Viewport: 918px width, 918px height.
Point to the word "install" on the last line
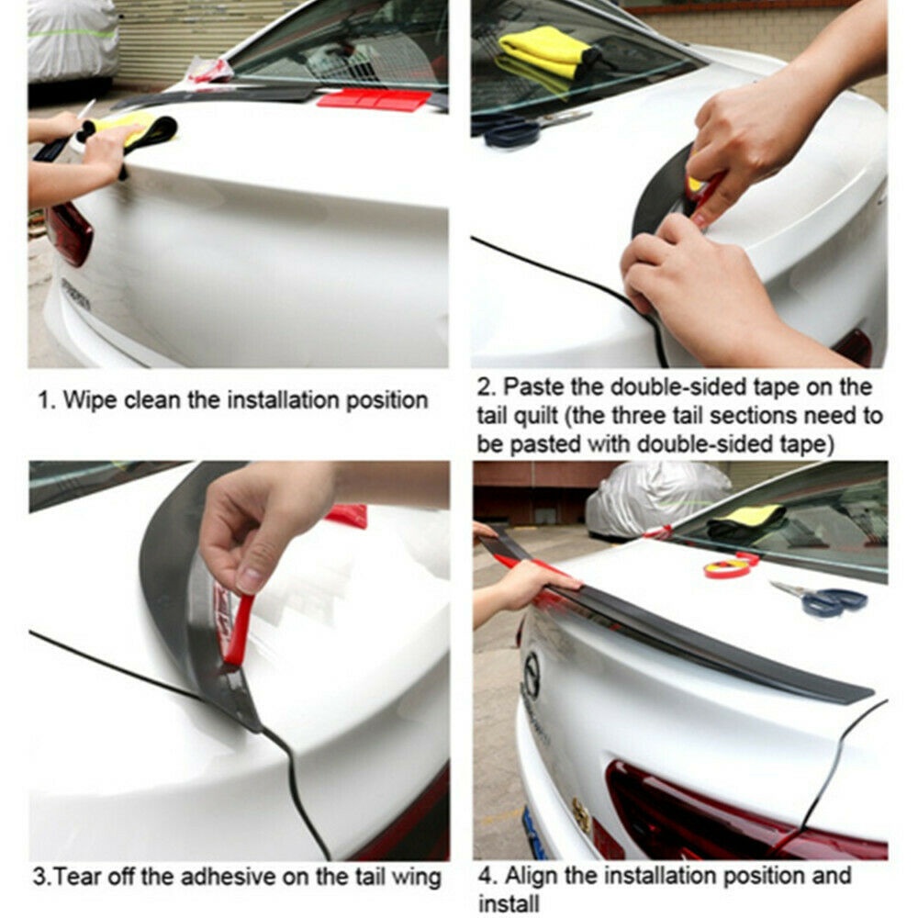coord(509,902)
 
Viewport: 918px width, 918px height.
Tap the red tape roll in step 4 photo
coord(728,566)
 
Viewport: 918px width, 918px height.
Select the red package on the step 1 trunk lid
coord(375,99)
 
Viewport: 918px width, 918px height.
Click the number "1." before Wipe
coord(47,401)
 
